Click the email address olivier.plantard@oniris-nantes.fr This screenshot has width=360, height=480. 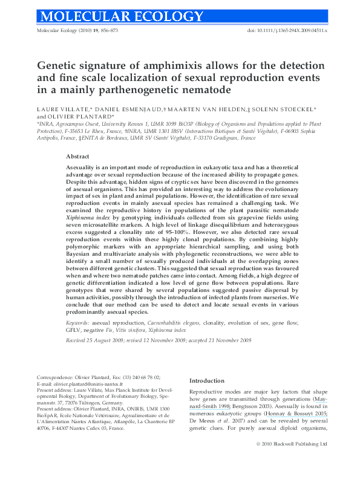pos(84,384)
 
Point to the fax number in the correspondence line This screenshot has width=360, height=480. pos(121,376)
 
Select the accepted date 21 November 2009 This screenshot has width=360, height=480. pos(232,341)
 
